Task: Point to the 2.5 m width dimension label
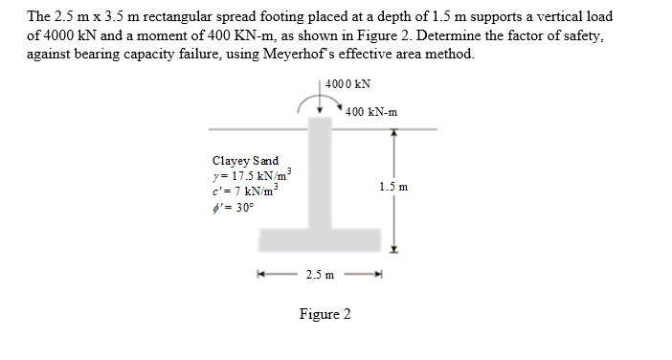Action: pos(320,276)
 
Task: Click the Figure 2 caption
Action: pos(325,314)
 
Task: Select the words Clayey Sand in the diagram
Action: pos(246,161)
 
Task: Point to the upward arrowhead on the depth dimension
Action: pos(390,135)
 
